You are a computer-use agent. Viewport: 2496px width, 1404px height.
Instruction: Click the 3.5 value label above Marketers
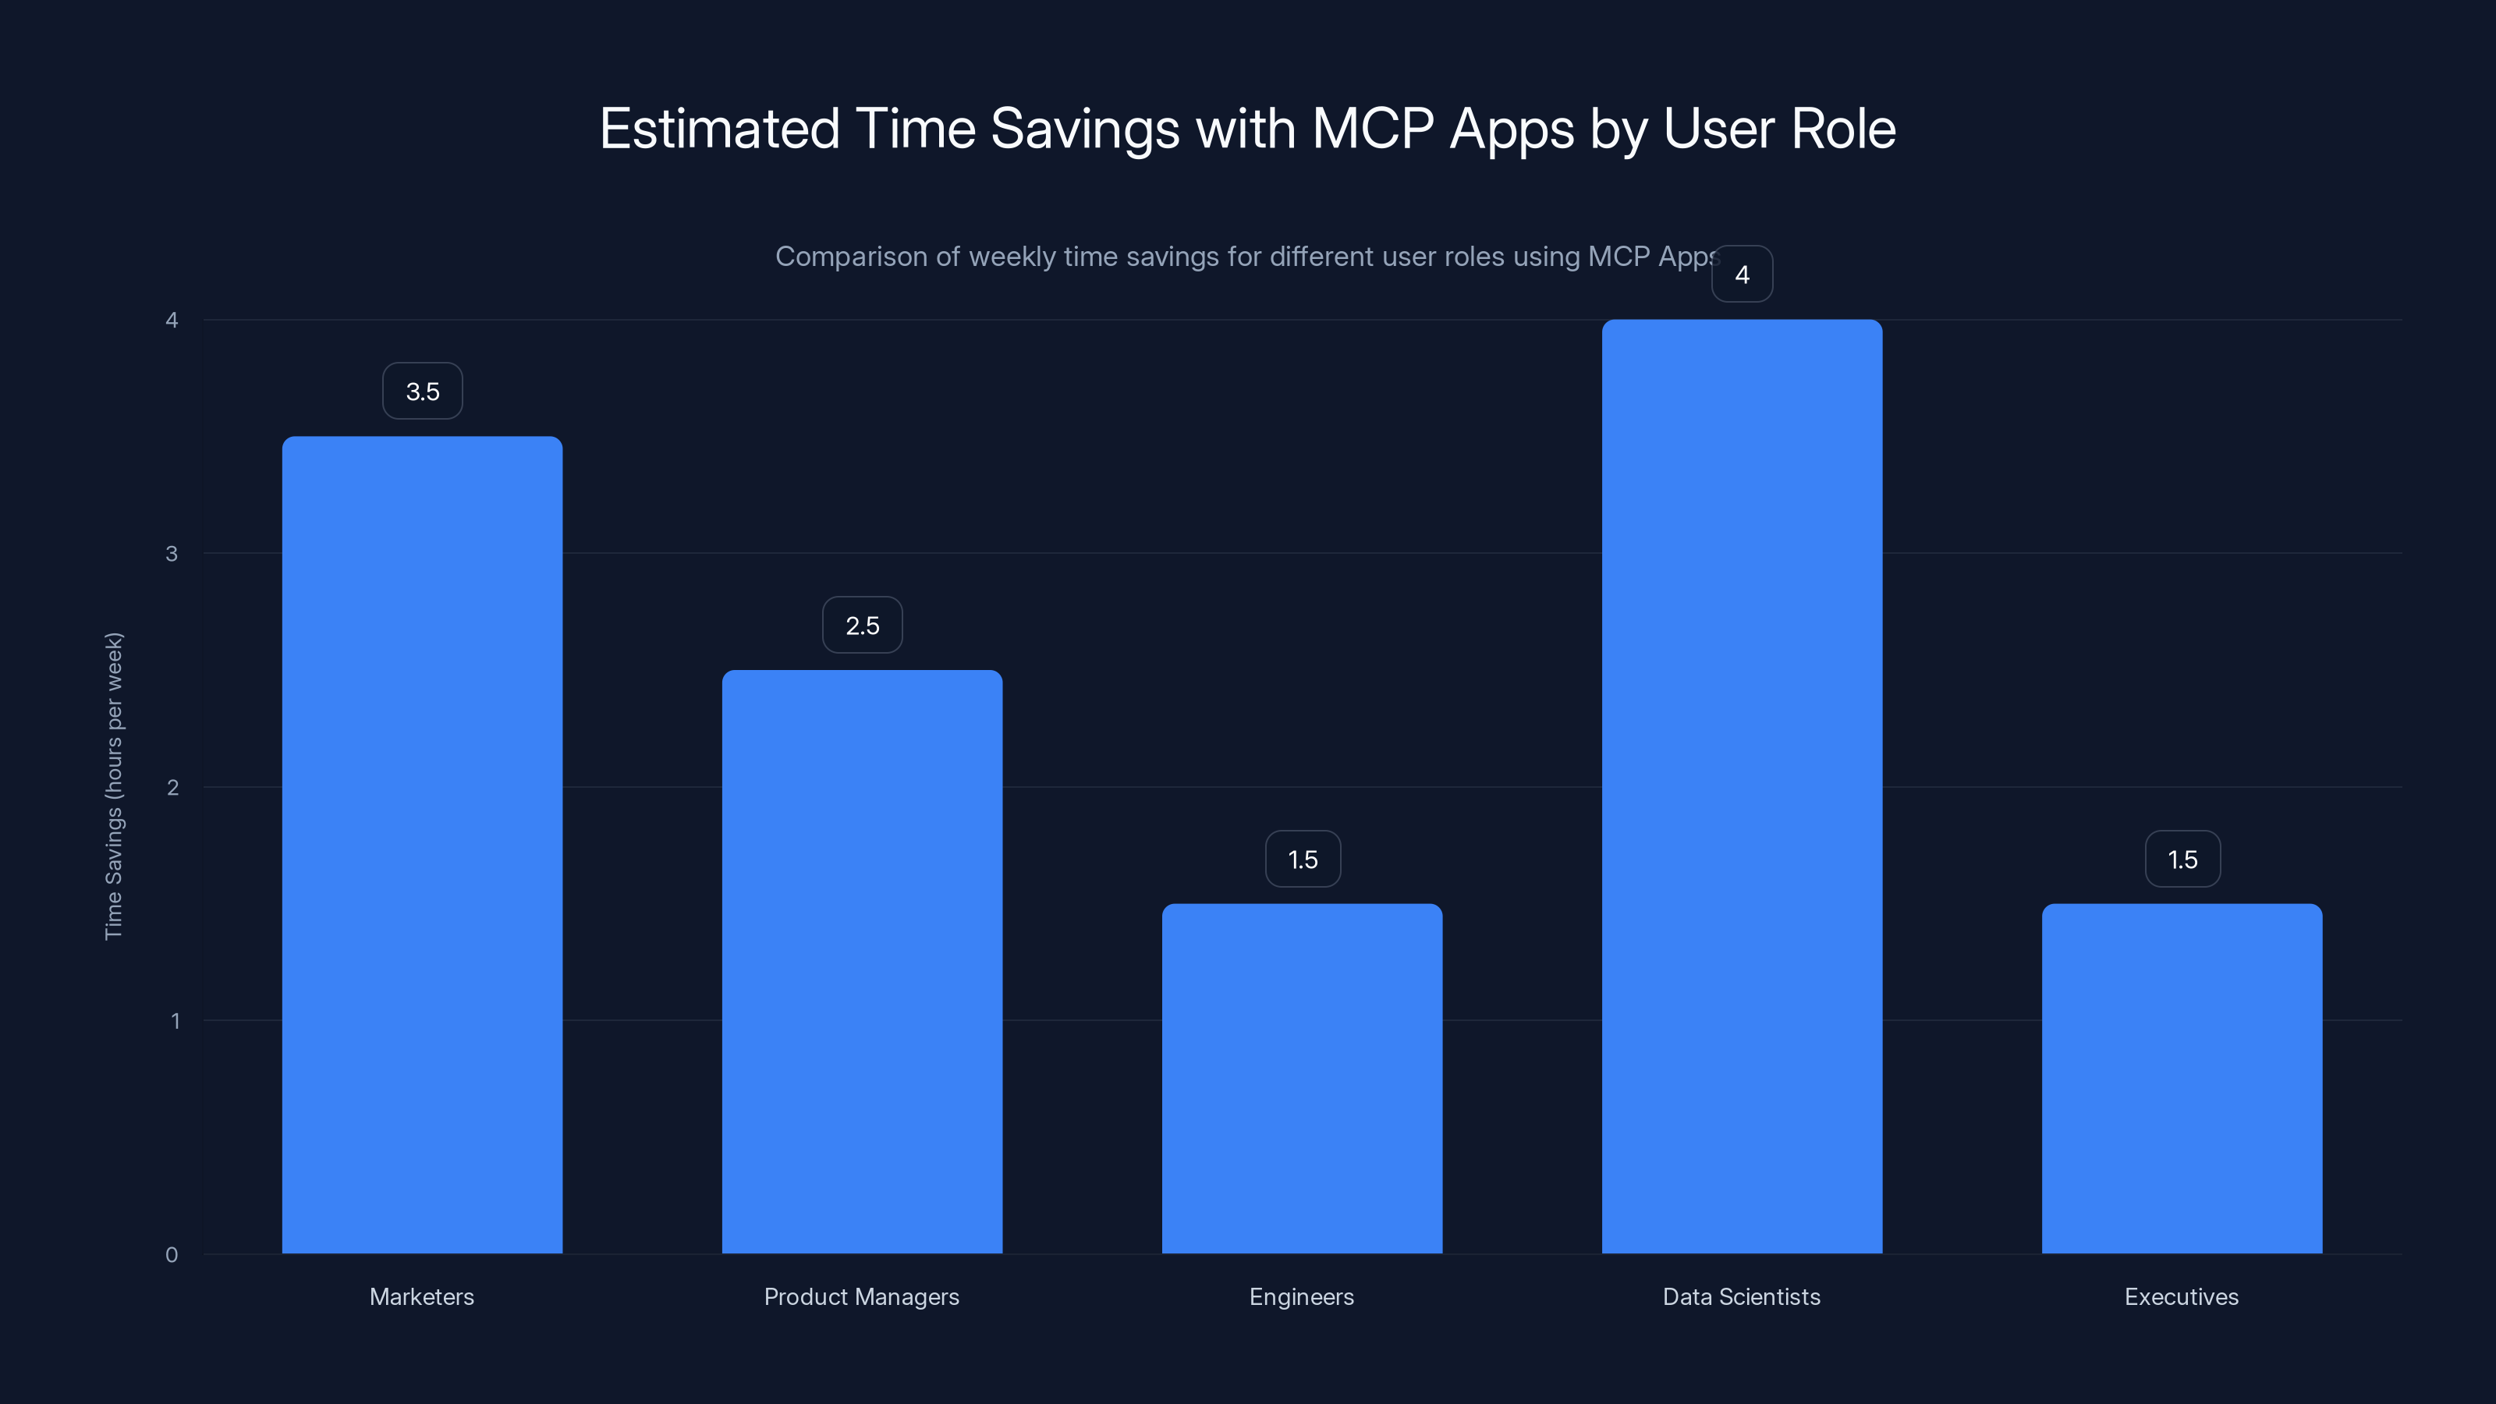point(423,392)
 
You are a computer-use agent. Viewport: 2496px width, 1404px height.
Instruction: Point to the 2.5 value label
point(863,625)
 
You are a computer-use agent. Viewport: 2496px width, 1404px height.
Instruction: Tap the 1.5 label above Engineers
point(1303,860)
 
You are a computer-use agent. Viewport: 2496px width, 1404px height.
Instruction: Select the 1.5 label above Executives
point(2182,860)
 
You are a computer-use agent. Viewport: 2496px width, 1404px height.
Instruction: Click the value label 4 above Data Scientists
point(1741,275)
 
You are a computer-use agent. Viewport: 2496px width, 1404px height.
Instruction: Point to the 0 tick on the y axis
point(172,1255)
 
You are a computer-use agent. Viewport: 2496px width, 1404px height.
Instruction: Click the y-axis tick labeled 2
point(172,788)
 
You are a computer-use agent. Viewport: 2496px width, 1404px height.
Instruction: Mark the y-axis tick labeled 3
point(172,553)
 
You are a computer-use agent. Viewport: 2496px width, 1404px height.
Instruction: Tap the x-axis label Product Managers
point(861,1296)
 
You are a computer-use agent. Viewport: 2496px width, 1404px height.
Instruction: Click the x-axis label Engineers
point(1301,1296)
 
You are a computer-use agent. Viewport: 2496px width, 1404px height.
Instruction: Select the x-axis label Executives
point(2181,1296)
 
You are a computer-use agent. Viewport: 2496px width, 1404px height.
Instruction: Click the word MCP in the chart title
point(1372,129)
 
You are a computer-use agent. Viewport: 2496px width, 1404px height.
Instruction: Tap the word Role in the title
point(1843,129)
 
